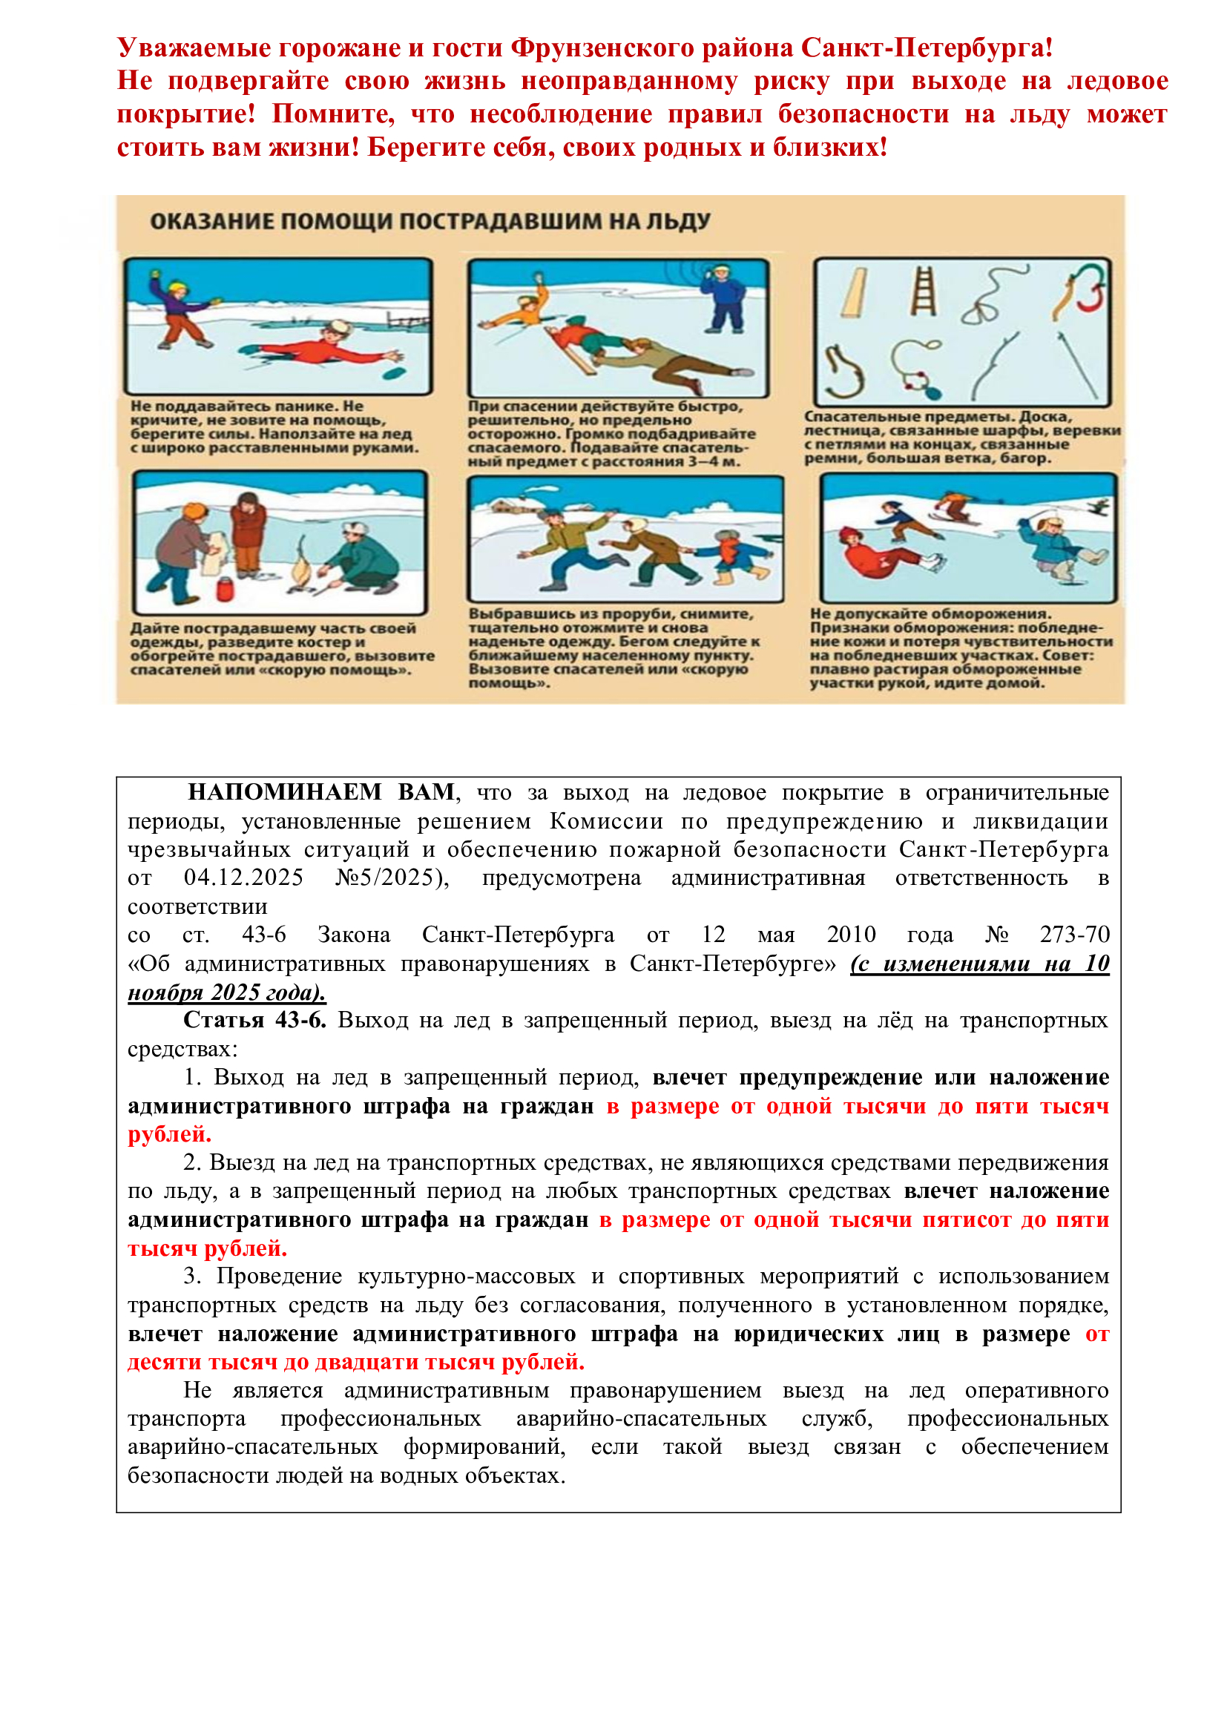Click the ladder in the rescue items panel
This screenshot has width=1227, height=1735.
point(923,292)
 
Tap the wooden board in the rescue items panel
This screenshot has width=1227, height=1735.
point(855,292)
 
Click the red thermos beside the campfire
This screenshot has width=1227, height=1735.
point(224,588)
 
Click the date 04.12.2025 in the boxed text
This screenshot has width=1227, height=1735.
point(243,878)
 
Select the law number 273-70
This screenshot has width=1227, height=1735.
point(1074,935)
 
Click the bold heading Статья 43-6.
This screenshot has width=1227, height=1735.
point(254,1020)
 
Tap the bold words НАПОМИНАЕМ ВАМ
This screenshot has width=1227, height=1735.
point(321,792)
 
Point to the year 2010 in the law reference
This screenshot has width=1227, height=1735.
point(851,935)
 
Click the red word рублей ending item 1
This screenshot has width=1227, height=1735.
point(169,1134)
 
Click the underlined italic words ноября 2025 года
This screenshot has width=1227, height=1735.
point(227,992)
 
